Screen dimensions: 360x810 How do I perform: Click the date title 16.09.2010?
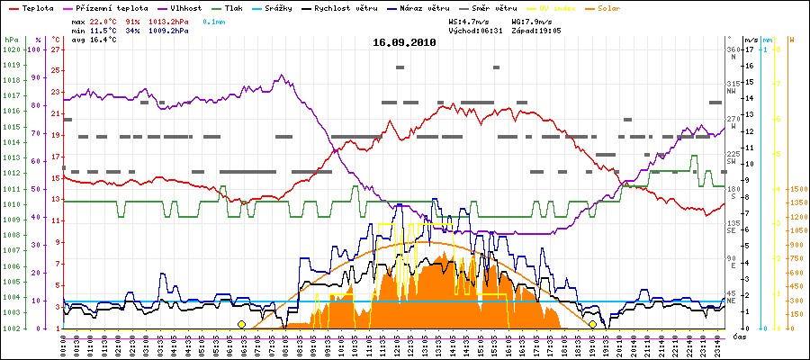tap(404, 42)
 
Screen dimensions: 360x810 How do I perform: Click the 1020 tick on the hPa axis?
tap(12, 49)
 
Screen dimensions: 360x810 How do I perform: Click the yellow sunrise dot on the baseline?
tap(241, 324)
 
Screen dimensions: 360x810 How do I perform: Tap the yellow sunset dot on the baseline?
tap(592, 324)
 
